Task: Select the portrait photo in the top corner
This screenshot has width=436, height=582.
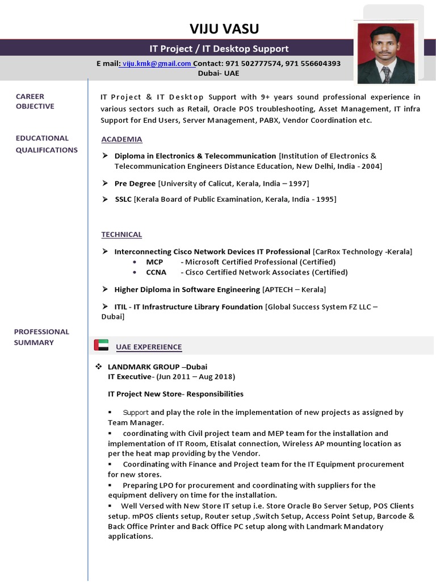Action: pos(385,52)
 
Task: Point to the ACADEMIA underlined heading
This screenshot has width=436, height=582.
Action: pos(121,139)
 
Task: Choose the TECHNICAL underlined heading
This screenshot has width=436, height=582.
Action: pos(121,234)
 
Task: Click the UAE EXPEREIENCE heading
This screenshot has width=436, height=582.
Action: pos(149,347)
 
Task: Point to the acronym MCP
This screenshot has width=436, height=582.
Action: pos(154,262)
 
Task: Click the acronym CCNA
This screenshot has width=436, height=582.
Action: pos(156,272)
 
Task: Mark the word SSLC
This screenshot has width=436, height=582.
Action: pos(123,199)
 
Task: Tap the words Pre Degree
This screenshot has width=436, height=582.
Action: pos(135,183)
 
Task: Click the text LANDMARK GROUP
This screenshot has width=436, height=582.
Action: pos(142,367)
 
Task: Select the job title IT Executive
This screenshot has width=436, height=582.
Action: pos(129,377)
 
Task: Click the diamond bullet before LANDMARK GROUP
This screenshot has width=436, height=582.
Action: pos(98,367)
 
